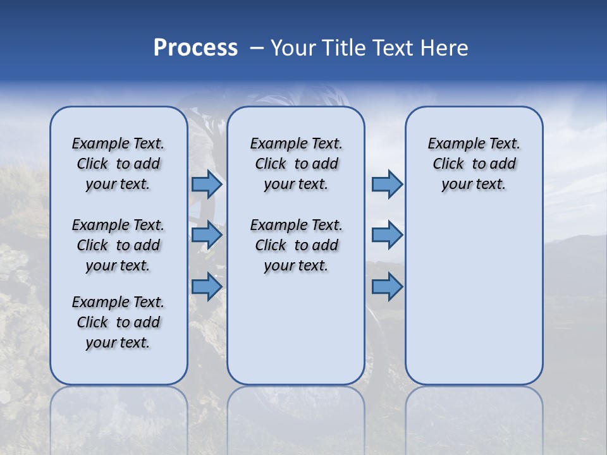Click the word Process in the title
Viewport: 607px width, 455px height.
(x=195, y=48)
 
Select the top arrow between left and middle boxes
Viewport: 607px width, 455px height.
(x=207, y=185)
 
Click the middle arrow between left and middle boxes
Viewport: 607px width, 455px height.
(x=207, y=236)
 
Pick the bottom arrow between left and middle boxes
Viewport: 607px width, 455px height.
(x=207, y=287)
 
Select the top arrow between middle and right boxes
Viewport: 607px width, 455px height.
(x=387, y=185)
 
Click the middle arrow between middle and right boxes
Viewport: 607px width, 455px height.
(x=387, y=236)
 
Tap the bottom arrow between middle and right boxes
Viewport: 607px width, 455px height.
(x=387, y=287)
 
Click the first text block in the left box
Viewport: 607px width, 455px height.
(x=118, y=164)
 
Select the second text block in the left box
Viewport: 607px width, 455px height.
(x=118, y=245)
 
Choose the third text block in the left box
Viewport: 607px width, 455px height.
(x=118, y=322)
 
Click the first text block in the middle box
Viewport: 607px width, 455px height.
(x=296, y=164)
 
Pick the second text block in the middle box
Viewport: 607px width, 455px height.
(x=296, y=245)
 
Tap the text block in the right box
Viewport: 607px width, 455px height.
(x=474, y=164)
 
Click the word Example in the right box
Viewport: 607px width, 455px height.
(x=451, y=143)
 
